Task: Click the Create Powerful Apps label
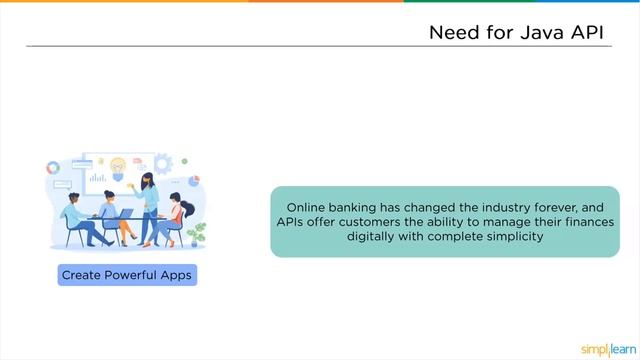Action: (x=127, y=275)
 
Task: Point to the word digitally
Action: (x=376, y=237)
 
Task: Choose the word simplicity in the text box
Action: (x=510, y=237)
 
